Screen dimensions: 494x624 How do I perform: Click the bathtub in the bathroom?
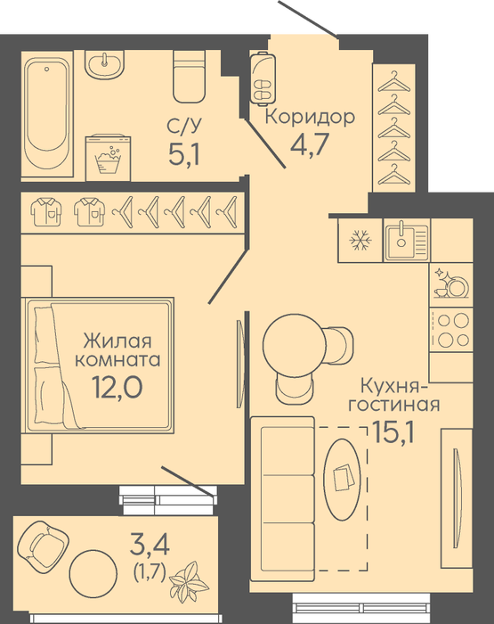47,114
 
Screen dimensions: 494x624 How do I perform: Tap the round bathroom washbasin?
105,64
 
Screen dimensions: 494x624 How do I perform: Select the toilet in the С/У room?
190,76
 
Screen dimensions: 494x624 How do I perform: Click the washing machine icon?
108,158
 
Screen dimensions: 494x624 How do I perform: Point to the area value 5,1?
183,154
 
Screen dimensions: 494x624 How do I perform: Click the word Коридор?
310,117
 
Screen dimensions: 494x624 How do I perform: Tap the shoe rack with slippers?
263,78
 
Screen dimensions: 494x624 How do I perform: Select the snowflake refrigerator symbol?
360,241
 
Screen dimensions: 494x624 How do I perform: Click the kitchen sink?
407,240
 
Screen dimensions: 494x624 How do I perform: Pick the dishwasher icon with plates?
451,283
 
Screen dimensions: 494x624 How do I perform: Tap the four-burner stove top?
451,330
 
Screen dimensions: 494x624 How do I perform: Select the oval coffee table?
343,480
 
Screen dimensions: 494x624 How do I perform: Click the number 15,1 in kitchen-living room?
393,432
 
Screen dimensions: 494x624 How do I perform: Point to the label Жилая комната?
117,350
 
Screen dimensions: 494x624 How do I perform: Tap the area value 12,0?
117,386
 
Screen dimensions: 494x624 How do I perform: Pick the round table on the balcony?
93,573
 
